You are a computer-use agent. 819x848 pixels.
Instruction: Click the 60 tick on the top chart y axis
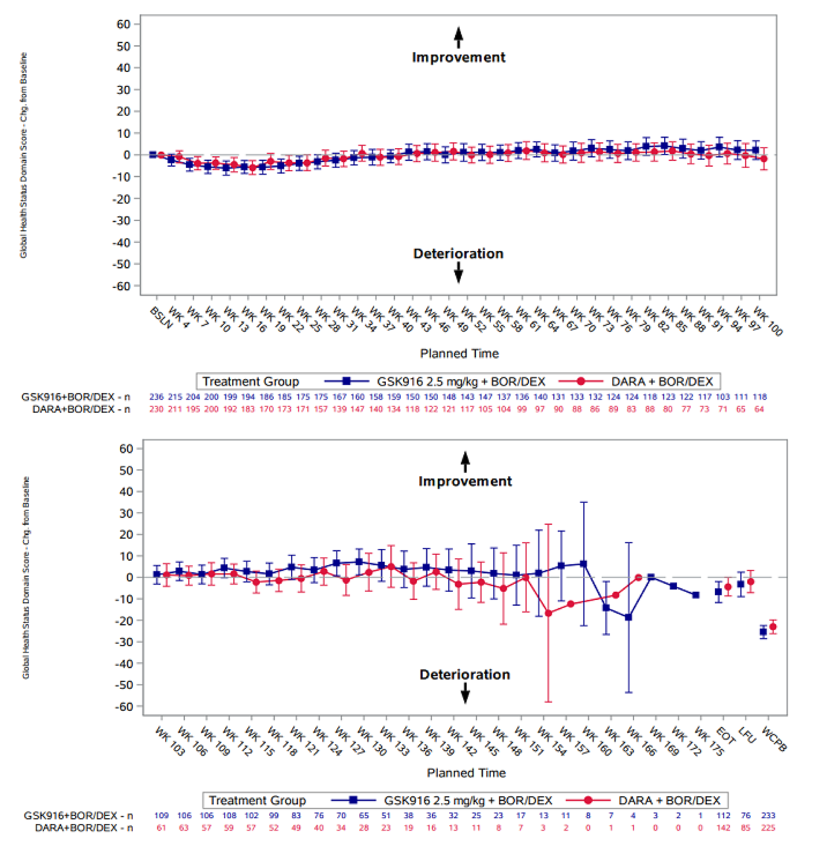click(123, 24)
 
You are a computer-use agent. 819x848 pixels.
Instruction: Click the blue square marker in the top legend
click(346, 381)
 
